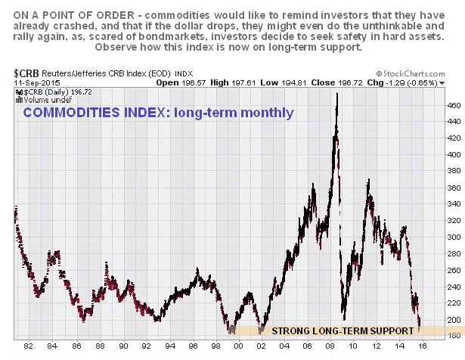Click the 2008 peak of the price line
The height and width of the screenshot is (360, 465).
click(336, 93)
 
